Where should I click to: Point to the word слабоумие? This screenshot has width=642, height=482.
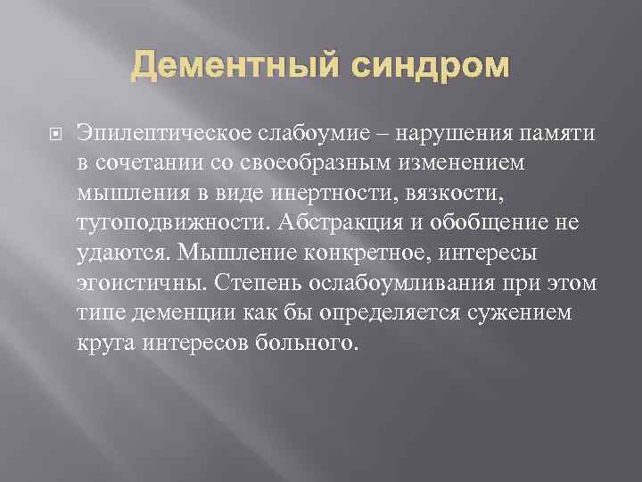[305, 134]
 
